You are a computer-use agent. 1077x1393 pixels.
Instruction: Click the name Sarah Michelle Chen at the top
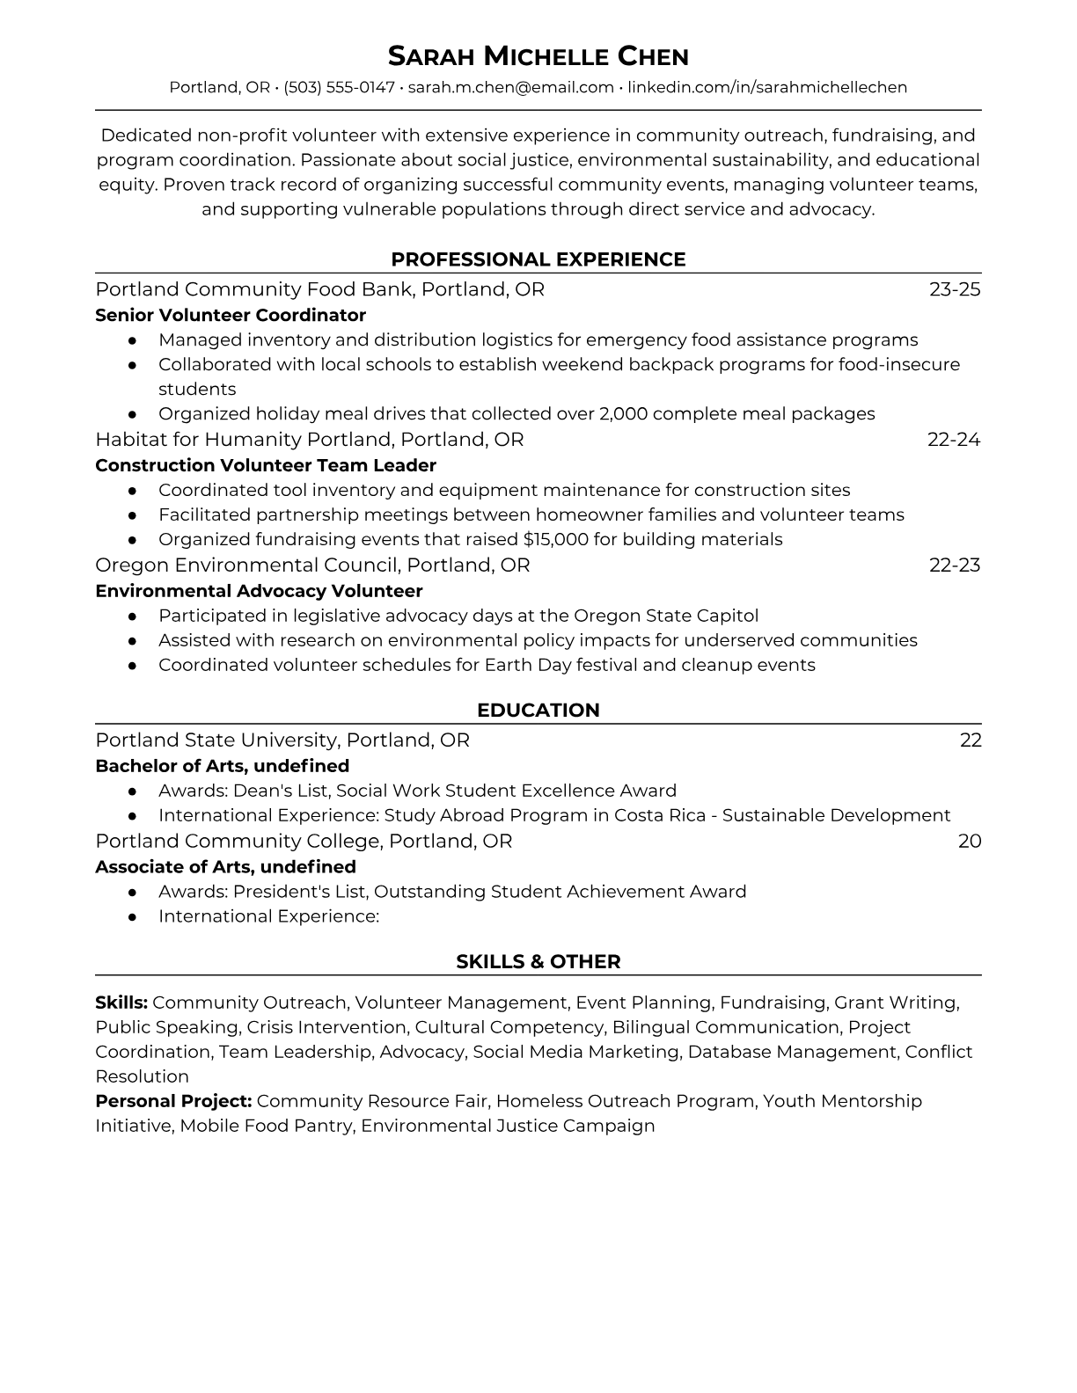(538, 57)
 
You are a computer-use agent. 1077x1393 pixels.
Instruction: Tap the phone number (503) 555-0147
(339, 87)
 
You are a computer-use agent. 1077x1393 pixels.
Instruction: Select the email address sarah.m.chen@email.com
(510, 87)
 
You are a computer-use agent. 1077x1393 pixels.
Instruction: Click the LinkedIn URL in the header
(767, 87)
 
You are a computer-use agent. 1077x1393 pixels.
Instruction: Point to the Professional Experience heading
(538, 259)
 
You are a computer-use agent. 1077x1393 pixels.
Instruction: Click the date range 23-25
(955, 289)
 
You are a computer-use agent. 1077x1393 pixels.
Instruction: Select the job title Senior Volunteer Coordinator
(231, 315)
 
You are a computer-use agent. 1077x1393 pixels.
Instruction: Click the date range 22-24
(954, 439)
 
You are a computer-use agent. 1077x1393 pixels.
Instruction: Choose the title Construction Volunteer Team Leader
(266, 465)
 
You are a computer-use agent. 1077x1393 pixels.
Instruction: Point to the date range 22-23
(955, 565)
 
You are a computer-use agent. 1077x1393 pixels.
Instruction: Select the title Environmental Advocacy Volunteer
(259, 591)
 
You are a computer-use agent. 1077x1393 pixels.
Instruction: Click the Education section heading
(538, 711)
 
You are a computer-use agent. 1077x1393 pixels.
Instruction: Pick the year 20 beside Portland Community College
(970, 841)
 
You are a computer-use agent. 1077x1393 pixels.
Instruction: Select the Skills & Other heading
(538, 962)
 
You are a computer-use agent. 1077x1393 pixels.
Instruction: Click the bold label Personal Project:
(173, 1101)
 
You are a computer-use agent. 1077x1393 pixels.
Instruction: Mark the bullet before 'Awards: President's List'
(132, 892)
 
